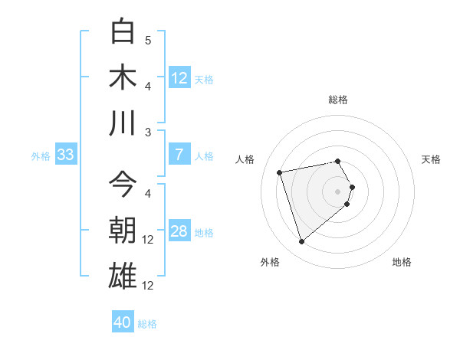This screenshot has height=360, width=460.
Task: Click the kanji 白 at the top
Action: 123,32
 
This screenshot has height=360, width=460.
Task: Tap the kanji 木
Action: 123,77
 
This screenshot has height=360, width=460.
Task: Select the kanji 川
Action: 123,123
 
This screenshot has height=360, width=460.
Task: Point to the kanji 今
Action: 123,184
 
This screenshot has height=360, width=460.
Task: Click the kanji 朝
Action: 123,230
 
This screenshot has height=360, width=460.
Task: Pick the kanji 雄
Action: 123,276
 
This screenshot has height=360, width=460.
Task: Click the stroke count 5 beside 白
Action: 148,40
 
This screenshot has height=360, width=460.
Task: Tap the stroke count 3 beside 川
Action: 148,132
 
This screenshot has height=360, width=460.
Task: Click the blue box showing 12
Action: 179,78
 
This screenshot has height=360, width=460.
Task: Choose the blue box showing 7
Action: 179,155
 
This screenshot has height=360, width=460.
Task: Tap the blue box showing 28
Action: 179,231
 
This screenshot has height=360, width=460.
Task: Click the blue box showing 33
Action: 65,155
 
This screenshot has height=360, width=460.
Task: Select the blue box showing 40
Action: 123,323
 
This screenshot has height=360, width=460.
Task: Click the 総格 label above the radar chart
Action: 338,100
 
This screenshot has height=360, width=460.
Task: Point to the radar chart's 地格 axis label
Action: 402,262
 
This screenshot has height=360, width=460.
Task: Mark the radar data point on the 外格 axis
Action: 301,242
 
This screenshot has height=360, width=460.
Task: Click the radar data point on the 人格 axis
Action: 280,172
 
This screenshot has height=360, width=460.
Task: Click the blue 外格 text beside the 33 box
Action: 41,156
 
